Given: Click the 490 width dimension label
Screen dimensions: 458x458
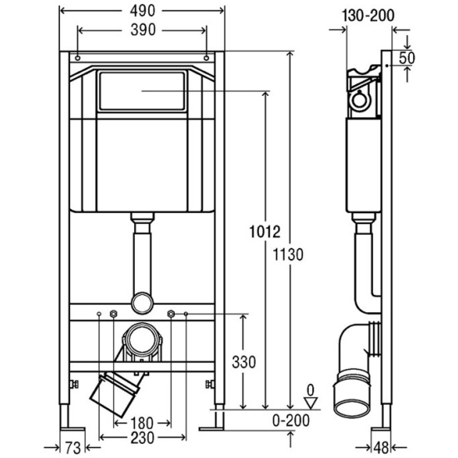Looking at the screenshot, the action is click(x=142, y=11).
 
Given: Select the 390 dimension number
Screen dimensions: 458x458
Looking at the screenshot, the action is click(x=143, y=30).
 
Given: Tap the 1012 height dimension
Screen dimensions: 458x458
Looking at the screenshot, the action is click(x=265, y=231).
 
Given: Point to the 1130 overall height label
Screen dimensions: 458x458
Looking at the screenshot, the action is click(x=288, y=255).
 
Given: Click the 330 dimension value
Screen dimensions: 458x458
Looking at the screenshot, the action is click(x=244, y=362).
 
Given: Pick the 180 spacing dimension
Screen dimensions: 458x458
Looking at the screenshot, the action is click(x=142, y=423).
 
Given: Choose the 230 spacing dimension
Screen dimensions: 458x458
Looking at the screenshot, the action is click(x=142, y=438).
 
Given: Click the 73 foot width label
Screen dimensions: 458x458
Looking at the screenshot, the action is click(x=72, y=447).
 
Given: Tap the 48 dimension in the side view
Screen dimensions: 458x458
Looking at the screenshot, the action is click(x=381, y=448).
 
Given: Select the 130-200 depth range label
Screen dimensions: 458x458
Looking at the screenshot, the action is click(x=368, y=15).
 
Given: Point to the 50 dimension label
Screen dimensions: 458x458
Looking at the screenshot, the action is click(x=406, y=57).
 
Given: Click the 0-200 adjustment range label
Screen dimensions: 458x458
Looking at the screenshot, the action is click(x=291, y=421).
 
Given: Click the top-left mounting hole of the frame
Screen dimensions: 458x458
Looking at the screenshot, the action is click(x=77, y=57).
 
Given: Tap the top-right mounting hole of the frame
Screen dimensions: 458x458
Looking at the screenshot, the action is click(x=207, y=57).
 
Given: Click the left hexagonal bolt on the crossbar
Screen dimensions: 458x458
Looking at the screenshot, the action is click(x=113, y=314).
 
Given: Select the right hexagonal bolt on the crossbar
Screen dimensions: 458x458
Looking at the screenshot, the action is click(x=172, y=314).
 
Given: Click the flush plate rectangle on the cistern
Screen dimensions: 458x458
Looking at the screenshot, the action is click(x=142, y=91).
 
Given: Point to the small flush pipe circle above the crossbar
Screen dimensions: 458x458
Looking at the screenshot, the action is click(x=142, y=303).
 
